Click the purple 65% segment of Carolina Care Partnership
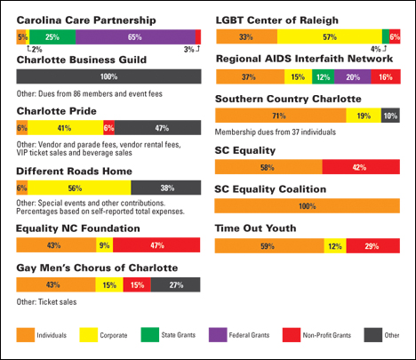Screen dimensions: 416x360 tap(135, 37)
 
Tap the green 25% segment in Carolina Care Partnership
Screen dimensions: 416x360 tap(52, 37)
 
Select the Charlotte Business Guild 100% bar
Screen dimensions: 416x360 tap(108, 76)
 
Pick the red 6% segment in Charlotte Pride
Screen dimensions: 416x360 tap(109, 128)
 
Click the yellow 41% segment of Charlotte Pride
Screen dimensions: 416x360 tap(66, 128)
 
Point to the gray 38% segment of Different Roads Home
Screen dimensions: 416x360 tap(166, 188)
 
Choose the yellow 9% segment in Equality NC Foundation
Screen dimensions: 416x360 tap(104, 245)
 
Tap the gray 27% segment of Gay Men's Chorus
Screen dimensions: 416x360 tap(175, 284)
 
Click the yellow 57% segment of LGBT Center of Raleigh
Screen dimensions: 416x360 tap(330, 36)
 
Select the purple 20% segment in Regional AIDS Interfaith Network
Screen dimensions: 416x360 tap(353, 76)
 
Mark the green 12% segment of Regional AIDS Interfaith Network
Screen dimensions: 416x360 tap(323, 76)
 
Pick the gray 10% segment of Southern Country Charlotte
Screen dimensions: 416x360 tap(390, 116)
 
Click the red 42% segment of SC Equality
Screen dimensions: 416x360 tap(361, 167)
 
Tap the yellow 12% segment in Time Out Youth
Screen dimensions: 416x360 tap(335, 246)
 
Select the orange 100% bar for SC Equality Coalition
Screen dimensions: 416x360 tap(308, 206)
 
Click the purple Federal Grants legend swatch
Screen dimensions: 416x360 tap(218, 335)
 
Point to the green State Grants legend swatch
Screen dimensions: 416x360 tap(150, 335)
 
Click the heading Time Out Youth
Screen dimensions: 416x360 tap(255, 228)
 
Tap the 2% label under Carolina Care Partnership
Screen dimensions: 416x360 tap(36, 49)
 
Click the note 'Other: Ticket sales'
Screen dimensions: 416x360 tap(46, 302)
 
